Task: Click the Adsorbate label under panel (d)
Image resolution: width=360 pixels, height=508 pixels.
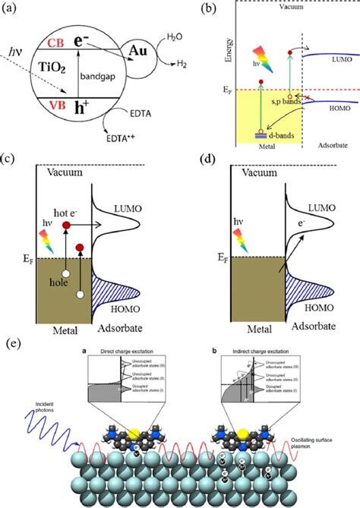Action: pyautogui.click(x=303, y=331)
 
